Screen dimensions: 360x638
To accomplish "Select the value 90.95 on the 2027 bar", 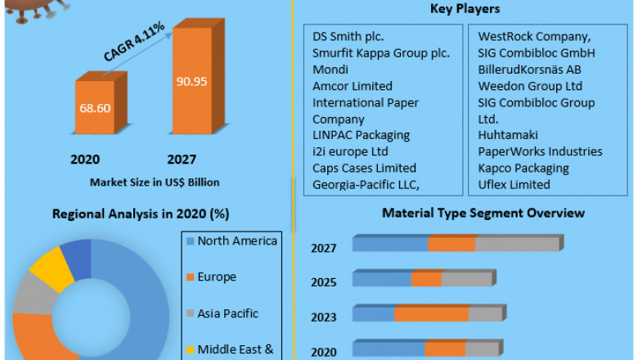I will coord(194,82).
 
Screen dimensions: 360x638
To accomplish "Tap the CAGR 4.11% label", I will coord(135,42).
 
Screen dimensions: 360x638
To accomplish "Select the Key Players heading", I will coord(465,9).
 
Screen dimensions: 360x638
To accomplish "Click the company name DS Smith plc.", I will coord(348,37).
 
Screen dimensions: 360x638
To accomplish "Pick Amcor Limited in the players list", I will coord(352,86).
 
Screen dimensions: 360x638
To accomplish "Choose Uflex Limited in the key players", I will coord(514,184).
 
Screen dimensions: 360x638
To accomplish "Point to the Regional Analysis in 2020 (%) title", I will coord(141,214).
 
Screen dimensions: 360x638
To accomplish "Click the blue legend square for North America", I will coord(190,241).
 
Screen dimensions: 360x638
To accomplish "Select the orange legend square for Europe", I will coord(190,277).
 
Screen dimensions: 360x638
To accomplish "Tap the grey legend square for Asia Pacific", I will coord(190,313).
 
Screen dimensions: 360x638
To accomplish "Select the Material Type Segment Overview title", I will coord(483,214).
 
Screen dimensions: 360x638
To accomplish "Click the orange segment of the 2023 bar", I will coord(431,315).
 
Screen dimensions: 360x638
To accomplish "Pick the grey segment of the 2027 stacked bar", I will coord(516,245).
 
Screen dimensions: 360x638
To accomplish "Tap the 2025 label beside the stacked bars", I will coord(323,282).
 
